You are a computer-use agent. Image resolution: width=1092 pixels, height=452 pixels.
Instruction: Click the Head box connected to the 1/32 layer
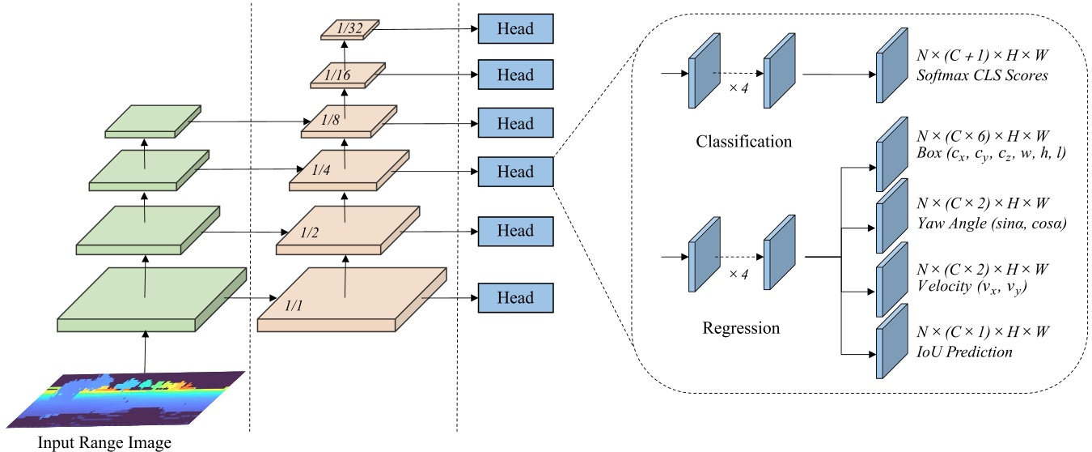(515, 28)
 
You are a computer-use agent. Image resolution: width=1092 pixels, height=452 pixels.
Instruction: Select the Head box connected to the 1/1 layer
(515, 297)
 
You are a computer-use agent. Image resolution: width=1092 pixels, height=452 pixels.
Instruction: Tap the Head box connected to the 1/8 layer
(515, 123)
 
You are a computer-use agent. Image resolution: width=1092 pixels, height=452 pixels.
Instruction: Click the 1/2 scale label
(310, 232)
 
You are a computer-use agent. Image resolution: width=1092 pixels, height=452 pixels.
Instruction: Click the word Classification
(743, 142)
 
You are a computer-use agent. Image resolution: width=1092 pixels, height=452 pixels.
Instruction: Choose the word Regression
(741, 328)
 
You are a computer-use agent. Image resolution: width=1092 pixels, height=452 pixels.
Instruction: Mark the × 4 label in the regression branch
(735, 273)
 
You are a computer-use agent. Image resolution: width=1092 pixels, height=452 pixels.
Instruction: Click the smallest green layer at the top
(153, 122)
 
